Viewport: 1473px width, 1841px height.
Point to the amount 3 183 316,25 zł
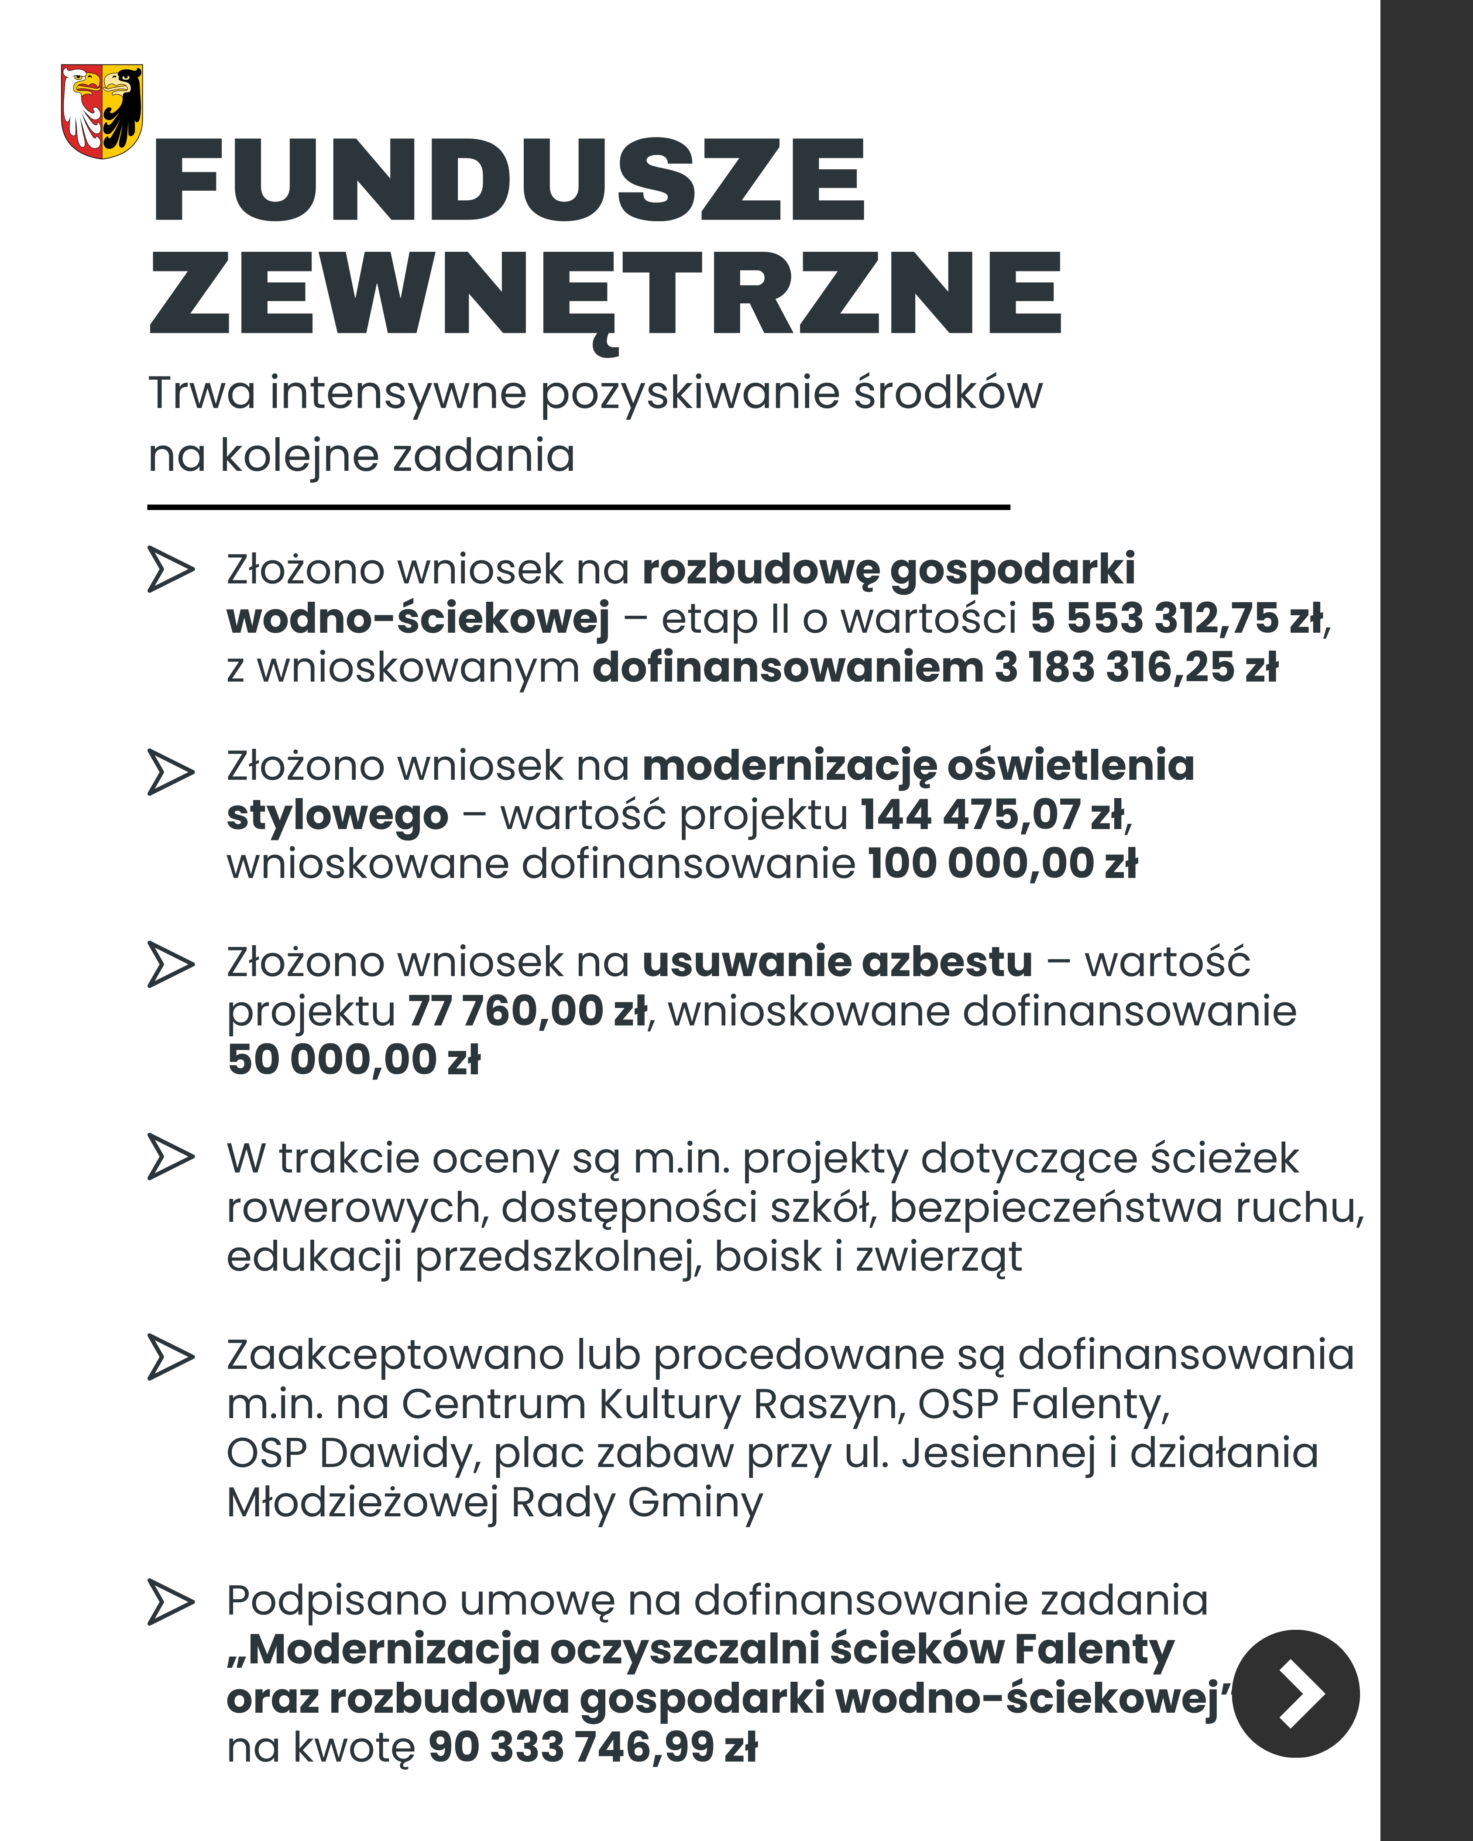1136,668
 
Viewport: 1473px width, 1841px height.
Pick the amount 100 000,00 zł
1003,864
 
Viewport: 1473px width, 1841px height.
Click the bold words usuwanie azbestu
837,962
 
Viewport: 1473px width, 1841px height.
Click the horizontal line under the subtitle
578,507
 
